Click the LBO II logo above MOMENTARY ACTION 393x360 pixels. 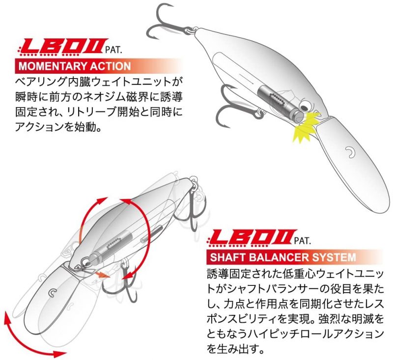(x=62, y=47)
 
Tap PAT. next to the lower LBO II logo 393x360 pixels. (x=303, y=241)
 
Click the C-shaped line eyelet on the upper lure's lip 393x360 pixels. (x=350, y=152)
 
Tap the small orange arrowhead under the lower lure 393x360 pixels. (x=103, y=275)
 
